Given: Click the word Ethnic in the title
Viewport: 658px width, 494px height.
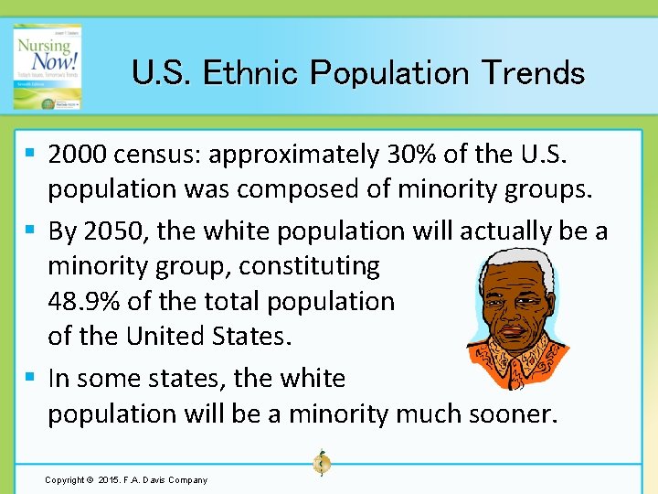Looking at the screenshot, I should click(x=249, y=72).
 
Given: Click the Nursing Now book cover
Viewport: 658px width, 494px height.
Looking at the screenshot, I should click(x=47, y=69).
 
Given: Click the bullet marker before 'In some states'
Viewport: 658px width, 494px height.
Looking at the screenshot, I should click(x=31, y=377).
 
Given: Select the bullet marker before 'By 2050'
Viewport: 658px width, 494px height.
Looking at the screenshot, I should click(x=31, y=231).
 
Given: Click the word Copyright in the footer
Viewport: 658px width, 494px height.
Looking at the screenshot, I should click(x=65, y=480).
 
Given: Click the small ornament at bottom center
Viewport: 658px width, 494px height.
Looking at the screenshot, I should click(x=322, y=463).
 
